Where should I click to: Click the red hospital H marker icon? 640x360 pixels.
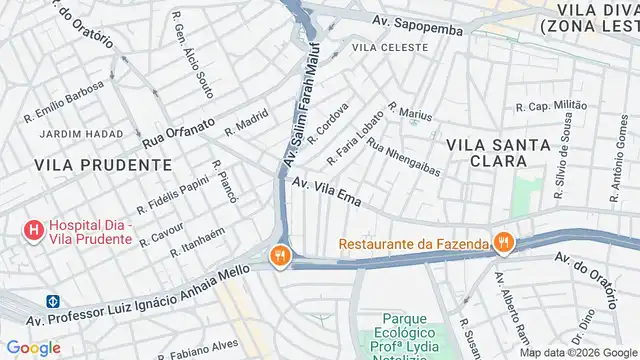[x=34, y=232]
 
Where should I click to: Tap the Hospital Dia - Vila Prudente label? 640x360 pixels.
[x=91, y=232]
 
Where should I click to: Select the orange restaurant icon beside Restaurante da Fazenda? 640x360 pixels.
[x=502, y=242]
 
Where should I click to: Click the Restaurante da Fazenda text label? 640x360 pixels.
[x=413, y=242]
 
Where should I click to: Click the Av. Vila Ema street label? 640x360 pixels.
[x=325, y=190]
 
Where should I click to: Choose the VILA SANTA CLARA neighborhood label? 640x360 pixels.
[x=498, y=152]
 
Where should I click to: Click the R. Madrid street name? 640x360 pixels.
[x=247, y=122]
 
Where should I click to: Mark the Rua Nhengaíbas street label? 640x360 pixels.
[x=404, y=156]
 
